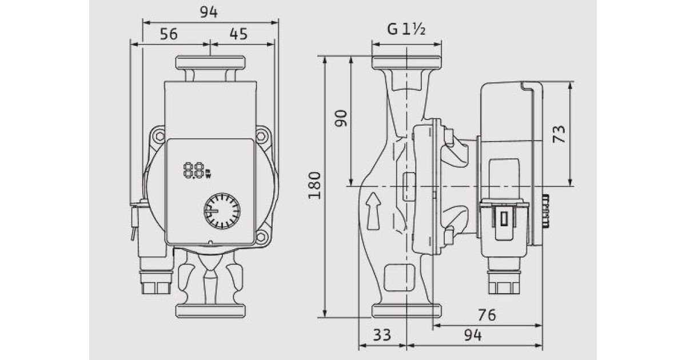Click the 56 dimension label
point(169,34)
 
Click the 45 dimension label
point(238,34)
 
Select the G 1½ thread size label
point(406,29)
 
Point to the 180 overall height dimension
point(314,186)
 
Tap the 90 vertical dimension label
point(341,118)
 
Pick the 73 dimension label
point(559,134)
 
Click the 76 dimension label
point(487,315)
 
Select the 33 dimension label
point(382,335)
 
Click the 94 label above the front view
point(209,12)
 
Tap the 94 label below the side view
point(473,335)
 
